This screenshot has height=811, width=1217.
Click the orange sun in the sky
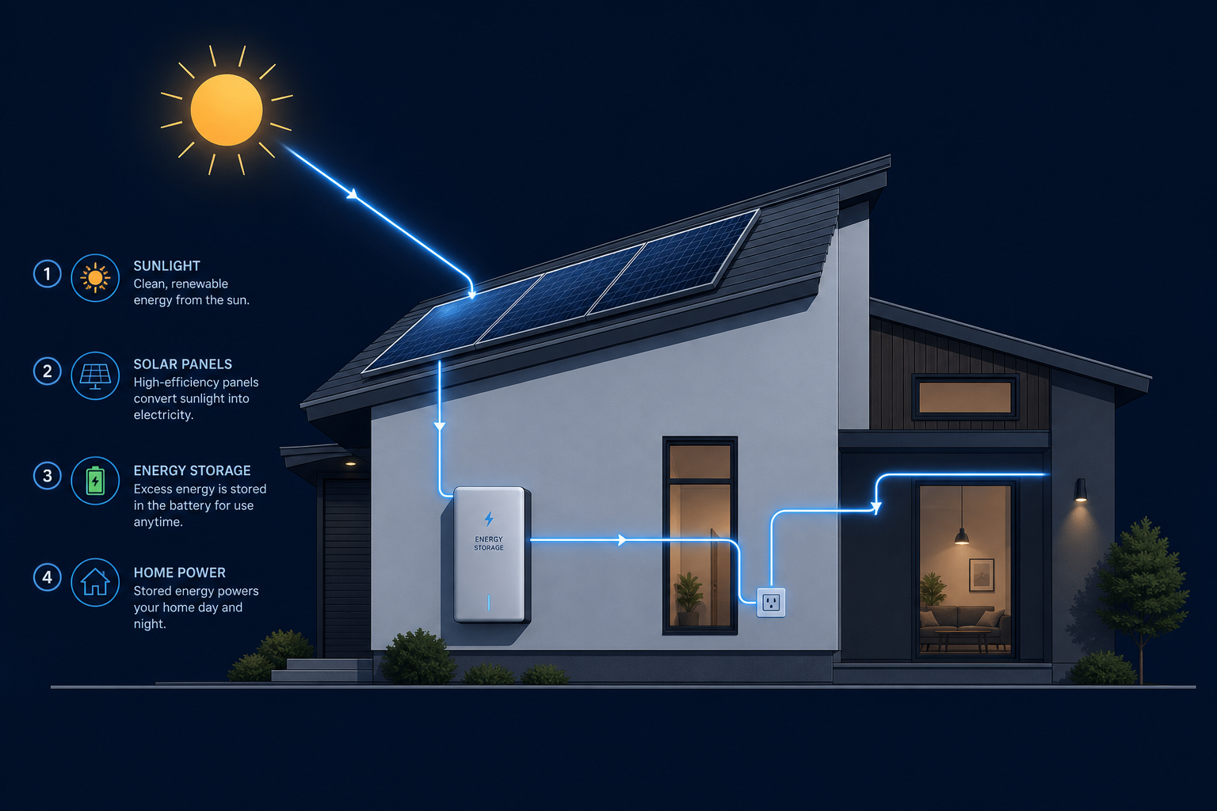click(x=227, y=110)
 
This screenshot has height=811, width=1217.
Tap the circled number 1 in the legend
click(x=48, y=273)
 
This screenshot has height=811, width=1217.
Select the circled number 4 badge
click(x=48, y=577)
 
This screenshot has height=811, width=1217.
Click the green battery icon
click(x=95, y=480)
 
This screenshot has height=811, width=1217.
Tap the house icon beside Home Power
click(x=95, y=582)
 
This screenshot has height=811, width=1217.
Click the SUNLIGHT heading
click(x=167, y=265)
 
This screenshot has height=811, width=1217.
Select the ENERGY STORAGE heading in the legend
click(x=193, y=470)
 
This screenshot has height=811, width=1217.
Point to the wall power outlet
click(x=771, y=603)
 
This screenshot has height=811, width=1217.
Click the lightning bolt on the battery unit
click(x=489, y=519)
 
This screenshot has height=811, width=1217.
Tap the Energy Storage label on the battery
click(x=489, y=543)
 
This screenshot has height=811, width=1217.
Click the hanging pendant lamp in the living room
click(x=962, y=536)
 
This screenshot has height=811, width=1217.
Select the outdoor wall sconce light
click(x=1081, y=489)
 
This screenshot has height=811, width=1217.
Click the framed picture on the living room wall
click(x=982, y=575)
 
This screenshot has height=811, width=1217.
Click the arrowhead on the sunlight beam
click(x=353, y=193)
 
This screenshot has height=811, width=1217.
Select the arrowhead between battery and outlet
click(x=622, y=540)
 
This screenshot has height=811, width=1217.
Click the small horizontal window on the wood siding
click(x=964, y=397)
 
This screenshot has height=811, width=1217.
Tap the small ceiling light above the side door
click(x=350, y=463)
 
